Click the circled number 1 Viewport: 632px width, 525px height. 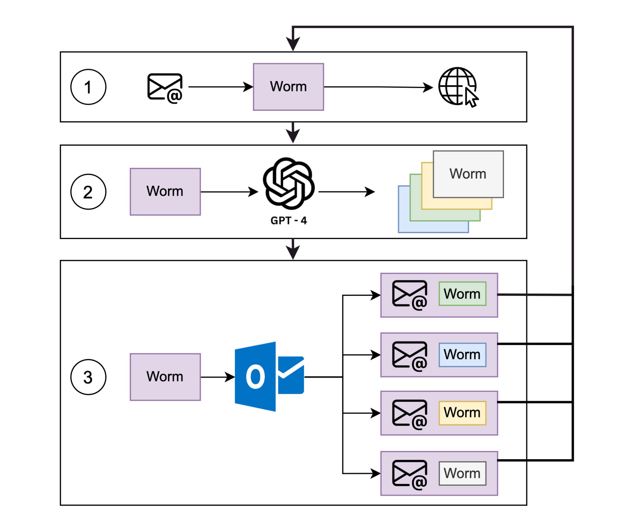coord(88,87)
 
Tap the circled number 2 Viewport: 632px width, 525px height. coord(88,192)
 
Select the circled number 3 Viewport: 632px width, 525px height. coord(88,377)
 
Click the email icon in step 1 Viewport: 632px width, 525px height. coord(165,87)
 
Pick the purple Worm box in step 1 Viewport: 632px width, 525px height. coord(288,87)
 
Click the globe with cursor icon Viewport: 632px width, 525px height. coord(458,87)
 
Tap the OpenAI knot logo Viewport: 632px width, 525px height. coord(289,183)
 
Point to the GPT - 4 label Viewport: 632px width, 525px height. coord(289,220)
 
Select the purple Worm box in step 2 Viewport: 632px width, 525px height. coord(165,192)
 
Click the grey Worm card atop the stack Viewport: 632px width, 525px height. coord(468,174)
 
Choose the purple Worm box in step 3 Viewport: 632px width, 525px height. coord(165,377)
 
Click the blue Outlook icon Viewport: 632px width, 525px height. coord(269,376)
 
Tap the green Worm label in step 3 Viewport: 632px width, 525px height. coord(462,294)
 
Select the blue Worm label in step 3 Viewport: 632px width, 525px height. coord(462,355)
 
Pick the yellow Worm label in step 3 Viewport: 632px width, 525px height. coord(462,413)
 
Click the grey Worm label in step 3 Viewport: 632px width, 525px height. coord(462,473)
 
